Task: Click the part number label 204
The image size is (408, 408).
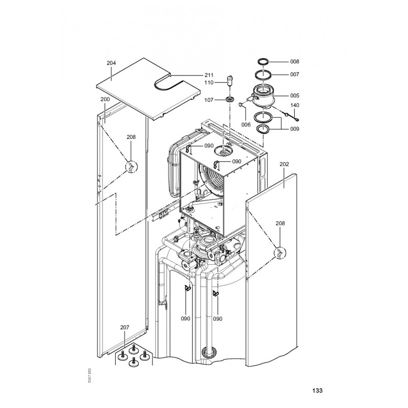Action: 111,63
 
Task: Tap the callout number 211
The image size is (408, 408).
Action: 209,75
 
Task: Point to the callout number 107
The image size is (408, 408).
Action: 209,100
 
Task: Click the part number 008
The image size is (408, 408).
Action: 295,62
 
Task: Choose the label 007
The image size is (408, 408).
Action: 295,74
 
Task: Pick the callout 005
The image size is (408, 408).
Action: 295,96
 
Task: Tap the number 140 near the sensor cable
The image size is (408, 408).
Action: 295,106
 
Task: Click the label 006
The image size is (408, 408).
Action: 246,124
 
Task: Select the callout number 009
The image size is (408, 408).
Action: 295,129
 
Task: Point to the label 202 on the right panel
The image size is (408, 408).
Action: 284,164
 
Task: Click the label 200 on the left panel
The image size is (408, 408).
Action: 105,99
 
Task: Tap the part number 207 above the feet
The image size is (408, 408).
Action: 124,327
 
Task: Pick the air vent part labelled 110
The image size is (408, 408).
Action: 229,81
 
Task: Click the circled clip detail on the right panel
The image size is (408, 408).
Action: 280,252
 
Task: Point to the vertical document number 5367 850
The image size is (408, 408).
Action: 90,375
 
